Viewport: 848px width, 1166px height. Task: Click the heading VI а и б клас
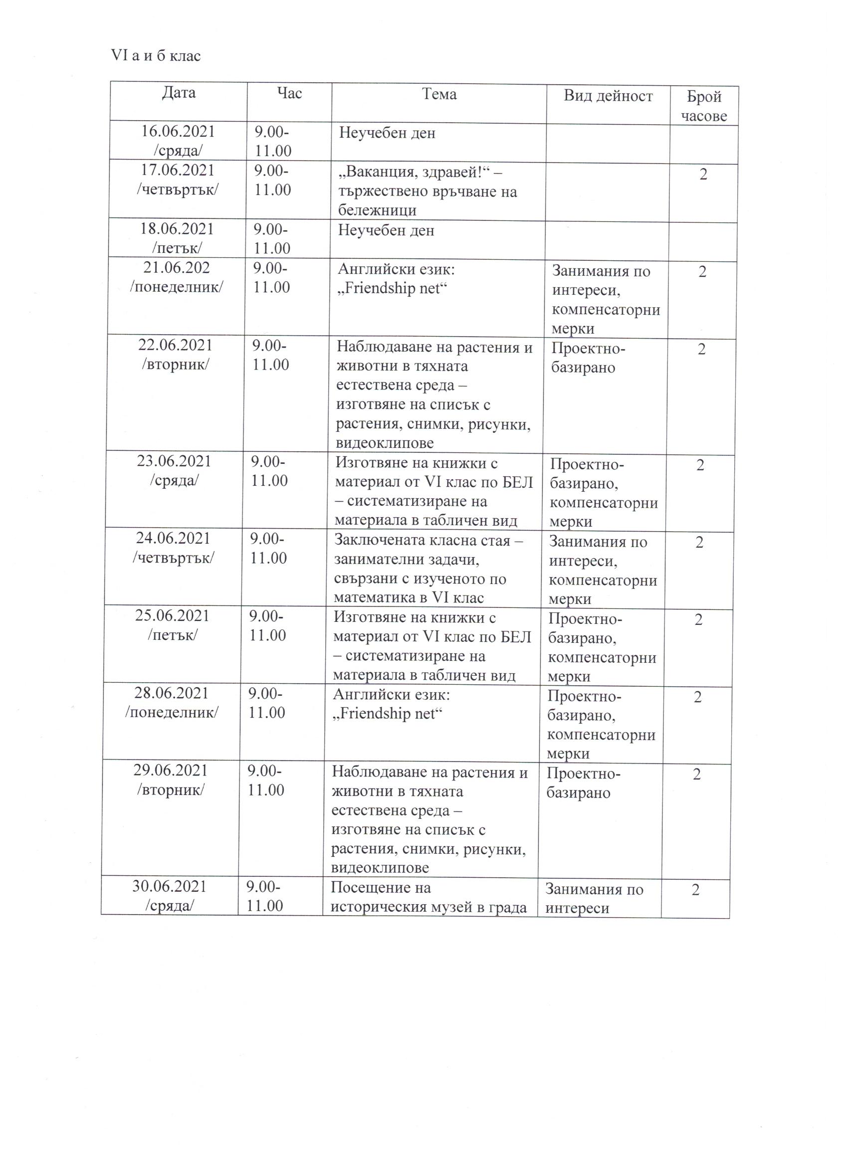[155, 56]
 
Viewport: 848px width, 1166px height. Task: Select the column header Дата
[179, 93]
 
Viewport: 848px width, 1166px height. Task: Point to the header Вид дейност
[608, 96]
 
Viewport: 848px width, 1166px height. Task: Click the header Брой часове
[704, 106]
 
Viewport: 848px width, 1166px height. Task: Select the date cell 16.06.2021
[178, 132]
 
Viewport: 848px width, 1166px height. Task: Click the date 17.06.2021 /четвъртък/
[178, 180]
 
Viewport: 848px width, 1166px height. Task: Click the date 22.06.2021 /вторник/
[175, 354]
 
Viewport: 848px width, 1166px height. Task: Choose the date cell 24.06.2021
[173, 538]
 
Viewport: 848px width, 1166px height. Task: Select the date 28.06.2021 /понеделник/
[171, 702]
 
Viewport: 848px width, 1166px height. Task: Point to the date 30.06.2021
[169, 886]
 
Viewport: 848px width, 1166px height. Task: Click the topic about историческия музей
[428, 897]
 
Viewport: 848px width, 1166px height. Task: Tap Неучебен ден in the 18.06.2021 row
[386, 230]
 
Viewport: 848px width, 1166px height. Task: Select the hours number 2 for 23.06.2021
[700, 465]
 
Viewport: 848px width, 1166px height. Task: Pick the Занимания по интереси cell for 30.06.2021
[594, 898]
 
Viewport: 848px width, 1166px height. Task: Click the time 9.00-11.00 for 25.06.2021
[267, 626]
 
